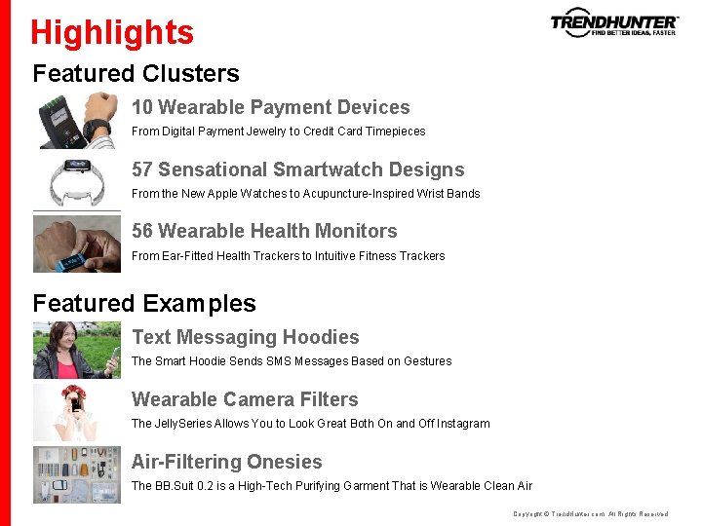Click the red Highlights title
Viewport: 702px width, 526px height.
112,32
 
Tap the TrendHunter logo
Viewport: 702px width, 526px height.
614,23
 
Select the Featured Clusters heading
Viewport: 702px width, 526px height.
136,73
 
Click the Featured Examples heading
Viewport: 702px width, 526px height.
144,303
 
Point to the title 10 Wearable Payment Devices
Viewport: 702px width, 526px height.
270,107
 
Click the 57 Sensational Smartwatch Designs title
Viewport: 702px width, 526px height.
297,169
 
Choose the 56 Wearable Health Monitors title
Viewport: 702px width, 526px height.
264,231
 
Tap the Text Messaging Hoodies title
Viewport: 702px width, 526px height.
245,337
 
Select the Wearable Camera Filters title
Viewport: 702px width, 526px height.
245,399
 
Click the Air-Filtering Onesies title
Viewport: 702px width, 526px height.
226,462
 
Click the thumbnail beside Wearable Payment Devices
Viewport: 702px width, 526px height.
77,120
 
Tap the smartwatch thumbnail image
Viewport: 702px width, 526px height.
77,181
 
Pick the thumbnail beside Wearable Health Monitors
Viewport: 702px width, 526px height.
77,244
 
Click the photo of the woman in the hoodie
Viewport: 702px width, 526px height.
77,350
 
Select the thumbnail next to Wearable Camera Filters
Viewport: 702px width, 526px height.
77,412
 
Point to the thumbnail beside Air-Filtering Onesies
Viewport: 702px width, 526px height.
77,474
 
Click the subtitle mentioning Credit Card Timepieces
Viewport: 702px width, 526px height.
278,131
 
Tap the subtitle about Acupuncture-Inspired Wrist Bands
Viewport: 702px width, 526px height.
305,194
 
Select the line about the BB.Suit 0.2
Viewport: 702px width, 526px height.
331,486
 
